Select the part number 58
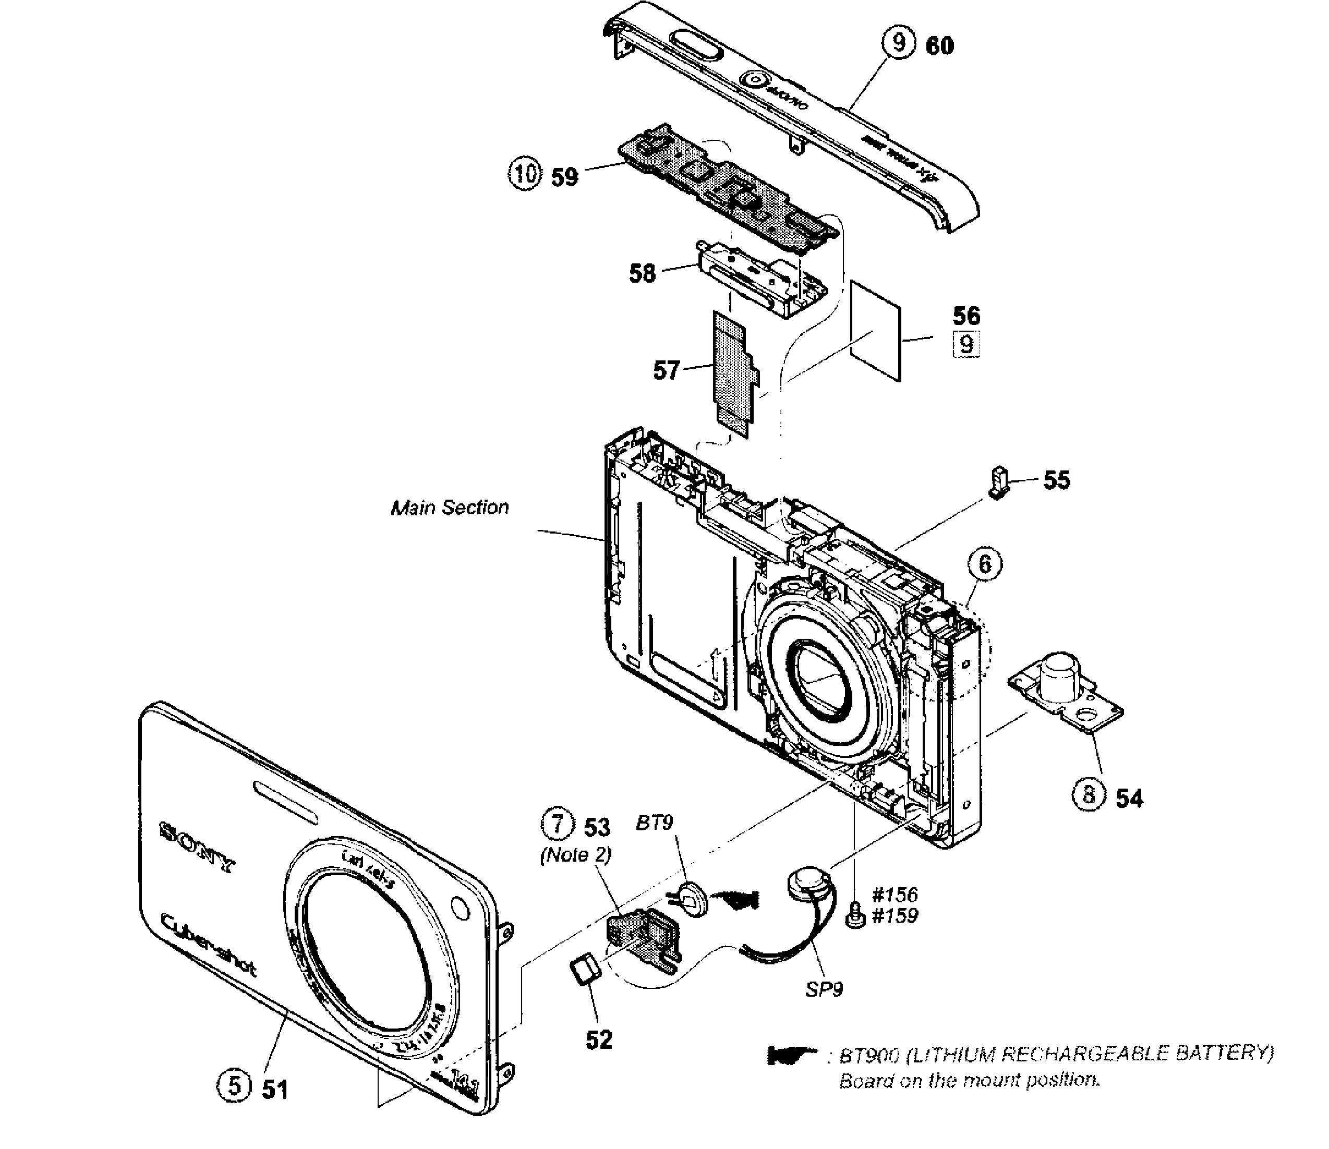point(642,274)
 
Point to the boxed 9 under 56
point(966,345)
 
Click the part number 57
point(666,371)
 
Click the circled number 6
point(985,564)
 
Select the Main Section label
point(450,508)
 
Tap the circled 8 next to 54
point(1089,795)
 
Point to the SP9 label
point(824,989)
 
